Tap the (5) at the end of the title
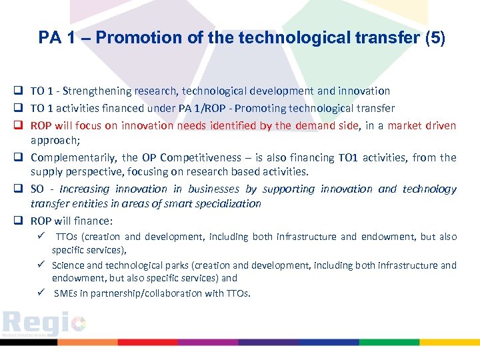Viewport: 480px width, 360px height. [435, 38]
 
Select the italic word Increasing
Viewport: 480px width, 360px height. [85, 189]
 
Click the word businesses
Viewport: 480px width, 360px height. [213, 189]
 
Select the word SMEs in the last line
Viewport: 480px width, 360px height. [65, 293]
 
